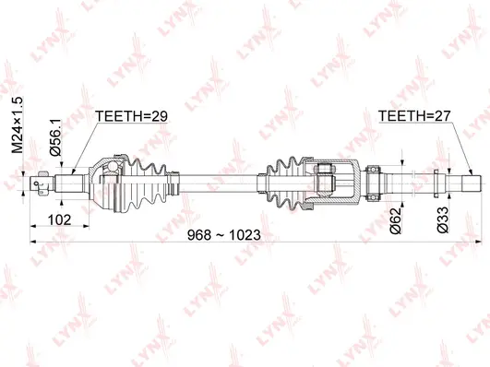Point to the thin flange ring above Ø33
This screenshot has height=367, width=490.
click(437, 181)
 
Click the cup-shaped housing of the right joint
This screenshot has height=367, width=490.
click(346, 181)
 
